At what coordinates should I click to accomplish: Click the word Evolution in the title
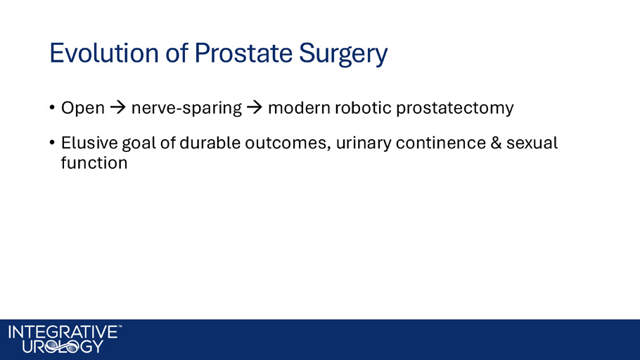(104, 53)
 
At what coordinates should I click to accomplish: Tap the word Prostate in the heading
(243, 53)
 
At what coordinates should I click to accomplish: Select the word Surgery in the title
(343, 55)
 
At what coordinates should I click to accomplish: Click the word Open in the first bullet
(83, 108)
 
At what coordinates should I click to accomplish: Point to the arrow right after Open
(118, 108)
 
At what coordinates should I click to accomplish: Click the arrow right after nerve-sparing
(255, 108)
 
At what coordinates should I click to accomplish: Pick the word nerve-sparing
(186, 108)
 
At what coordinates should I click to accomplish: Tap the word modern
(299, 108)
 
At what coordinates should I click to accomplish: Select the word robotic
(364, 108)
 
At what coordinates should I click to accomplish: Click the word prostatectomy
(455, 108)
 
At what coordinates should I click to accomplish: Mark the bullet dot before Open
(52, 108)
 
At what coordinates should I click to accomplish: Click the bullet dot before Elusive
(52, 143)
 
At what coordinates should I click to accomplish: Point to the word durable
(210, 143)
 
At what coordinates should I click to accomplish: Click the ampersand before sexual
(496, 143)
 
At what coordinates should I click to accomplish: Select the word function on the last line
(94, 163)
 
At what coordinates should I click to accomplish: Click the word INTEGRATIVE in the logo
(63, 333)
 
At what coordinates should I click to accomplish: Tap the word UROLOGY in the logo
(63, 347)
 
